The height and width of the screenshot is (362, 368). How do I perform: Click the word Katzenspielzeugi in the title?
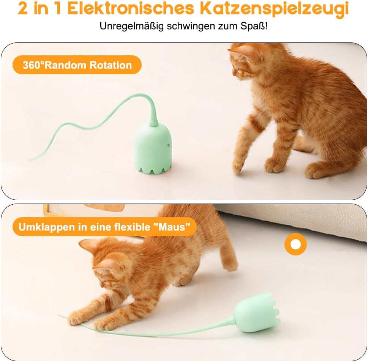274,9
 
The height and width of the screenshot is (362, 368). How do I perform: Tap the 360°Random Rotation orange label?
77,65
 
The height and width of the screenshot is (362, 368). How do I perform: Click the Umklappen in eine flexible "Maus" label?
104,227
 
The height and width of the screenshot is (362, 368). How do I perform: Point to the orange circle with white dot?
295,244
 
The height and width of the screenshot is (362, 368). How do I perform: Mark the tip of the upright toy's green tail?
30,159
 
